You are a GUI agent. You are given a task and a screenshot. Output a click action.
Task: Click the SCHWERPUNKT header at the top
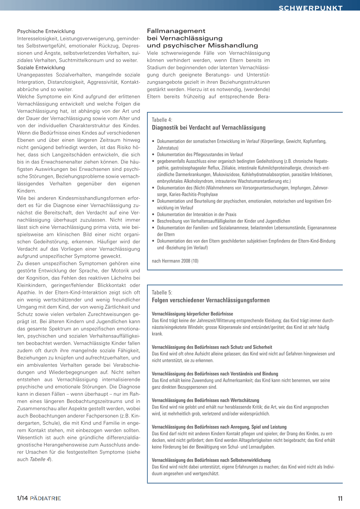click(x=310, y=8)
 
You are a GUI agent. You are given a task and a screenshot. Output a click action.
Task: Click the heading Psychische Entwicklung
click(x=46, y=31)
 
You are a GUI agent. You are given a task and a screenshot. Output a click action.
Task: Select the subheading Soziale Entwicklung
click(x=41, y=67)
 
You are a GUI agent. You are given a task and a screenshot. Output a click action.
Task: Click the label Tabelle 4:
click(x=162, y=120)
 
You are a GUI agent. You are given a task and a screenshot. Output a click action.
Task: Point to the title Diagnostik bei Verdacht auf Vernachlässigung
click(x=208, y=128)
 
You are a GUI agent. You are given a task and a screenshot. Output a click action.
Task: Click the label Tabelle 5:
click(x=162, y=292)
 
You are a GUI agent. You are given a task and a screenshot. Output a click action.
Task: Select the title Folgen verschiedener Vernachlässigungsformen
click(x=211, y=300)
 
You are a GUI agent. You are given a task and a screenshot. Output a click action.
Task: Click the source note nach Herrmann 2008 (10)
click(x=175, y=261)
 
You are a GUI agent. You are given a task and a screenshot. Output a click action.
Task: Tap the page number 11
click(x=340, y=498)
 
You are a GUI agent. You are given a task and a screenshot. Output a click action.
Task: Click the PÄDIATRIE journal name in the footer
click(x=45, y=498)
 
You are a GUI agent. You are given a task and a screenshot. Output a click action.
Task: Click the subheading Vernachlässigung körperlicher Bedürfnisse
click(x=192, y=314)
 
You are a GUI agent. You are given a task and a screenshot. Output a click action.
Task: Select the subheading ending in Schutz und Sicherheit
click(x=212, y=347)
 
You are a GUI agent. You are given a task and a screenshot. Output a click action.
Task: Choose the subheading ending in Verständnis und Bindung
click(x=215, y=374)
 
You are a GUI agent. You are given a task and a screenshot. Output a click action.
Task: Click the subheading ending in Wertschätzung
click(x=205, y=400)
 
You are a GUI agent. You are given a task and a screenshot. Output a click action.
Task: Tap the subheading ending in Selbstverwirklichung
click(x=211, y=460)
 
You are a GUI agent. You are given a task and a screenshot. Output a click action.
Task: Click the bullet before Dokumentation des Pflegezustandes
click(x=153, y=155)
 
